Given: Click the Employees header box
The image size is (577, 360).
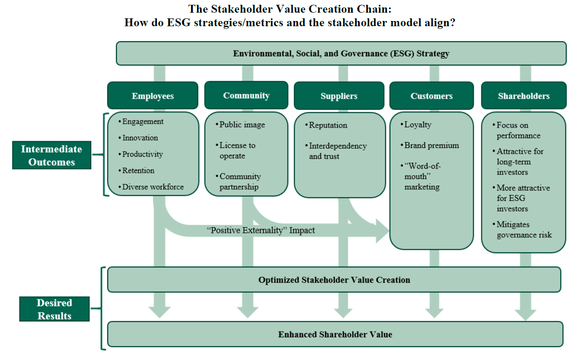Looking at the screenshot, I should tap(153, 96).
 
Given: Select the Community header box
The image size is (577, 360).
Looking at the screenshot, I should tap(246, 96).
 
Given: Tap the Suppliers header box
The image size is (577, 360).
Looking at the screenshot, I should tap(339, 96).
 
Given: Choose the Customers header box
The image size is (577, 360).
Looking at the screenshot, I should tap(431, 96).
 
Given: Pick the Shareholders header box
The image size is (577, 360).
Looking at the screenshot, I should tap(524, 96).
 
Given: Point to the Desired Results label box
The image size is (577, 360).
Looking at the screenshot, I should tap(54, 309).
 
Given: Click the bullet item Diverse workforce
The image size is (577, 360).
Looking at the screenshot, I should tap(153, 187).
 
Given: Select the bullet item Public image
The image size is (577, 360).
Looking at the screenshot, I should tap(242, 125).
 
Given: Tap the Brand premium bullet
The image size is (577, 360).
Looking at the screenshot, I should tap(431, 145).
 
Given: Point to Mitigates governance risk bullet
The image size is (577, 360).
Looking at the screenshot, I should tap(524, 230).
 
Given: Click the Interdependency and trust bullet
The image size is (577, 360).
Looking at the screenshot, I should tap(337, 151).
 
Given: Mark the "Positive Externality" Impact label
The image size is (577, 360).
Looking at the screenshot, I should tap(261, 230).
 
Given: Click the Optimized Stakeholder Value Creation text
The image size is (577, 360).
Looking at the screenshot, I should tap(334, 280).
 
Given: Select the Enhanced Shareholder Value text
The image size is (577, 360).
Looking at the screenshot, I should tap(335, 335).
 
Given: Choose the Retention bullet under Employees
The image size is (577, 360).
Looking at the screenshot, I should tap(138, 170).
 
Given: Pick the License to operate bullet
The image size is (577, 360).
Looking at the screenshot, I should tap(237, 151).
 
